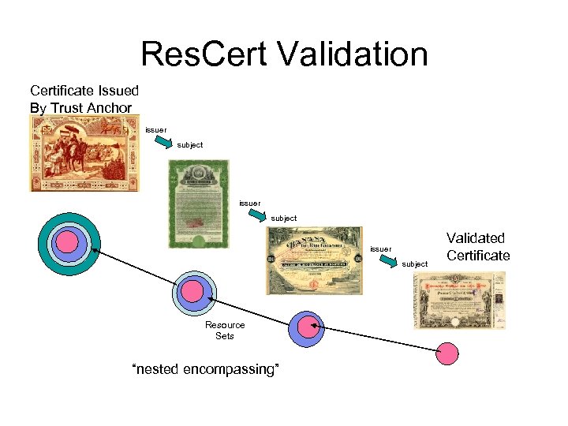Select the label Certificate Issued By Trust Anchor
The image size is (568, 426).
pos(84,99)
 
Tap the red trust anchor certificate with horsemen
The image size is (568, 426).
pos(84,153)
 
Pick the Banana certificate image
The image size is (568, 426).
pos(314,260)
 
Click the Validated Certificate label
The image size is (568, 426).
pos(478,246)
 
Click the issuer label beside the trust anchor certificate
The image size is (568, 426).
pos(155,129)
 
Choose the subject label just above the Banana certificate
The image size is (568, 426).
pos(284,219)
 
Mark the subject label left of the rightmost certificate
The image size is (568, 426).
pos(415,264)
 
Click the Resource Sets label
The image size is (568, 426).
pos(225,331)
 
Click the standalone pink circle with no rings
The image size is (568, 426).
pos(448,353)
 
